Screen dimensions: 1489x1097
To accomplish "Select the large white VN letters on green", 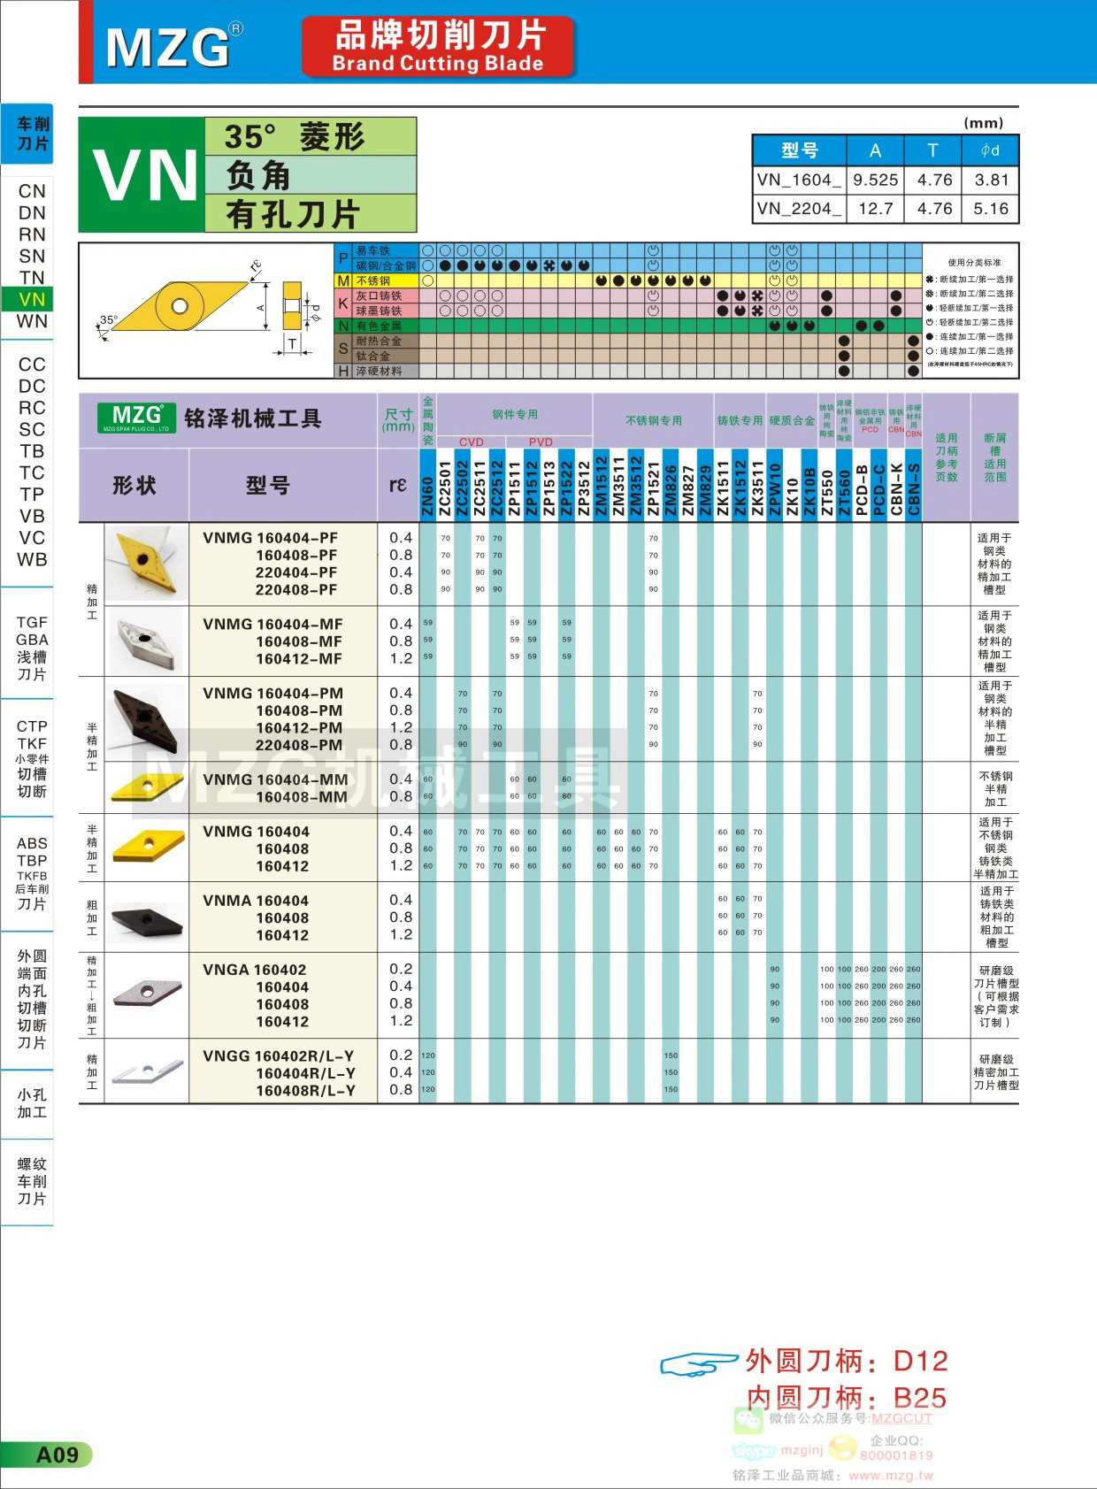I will tap(144, 175).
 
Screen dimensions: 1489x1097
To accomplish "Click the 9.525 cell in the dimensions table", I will tap(875, 180).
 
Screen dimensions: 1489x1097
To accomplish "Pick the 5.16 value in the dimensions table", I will tap(990, 209).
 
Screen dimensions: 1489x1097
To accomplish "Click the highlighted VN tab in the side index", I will tap(32, 299).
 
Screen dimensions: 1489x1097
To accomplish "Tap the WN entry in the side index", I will tap(32, 321).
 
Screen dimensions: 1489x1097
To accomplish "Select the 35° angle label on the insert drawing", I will tap(109, 319).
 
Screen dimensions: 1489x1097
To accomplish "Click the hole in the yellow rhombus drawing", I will tap(180, 306).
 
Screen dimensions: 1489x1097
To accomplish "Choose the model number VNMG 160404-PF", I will tap(270, 538).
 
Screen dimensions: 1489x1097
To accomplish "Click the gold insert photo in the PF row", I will tap(146, 563).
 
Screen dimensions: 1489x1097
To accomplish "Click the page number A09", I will tap(57, 1454).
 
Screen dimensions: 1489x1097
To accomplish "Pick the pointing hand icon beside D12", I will tap(698, 1363).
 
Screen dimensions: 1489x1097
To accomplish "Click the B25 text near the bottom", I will tap(919, 1398).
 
